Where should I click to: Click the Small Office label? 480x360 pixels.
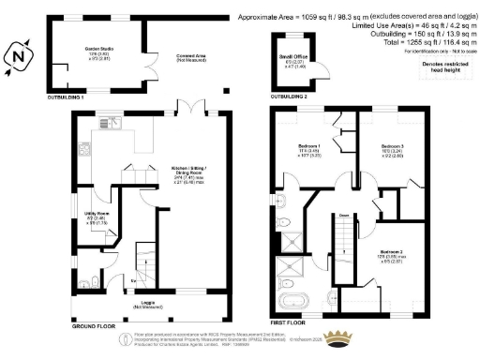coord(292,62)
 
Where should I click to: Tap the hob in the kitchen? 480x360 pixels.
coord(84,149)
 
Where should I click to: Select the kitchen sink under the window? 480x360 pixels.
coord(117,122)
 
